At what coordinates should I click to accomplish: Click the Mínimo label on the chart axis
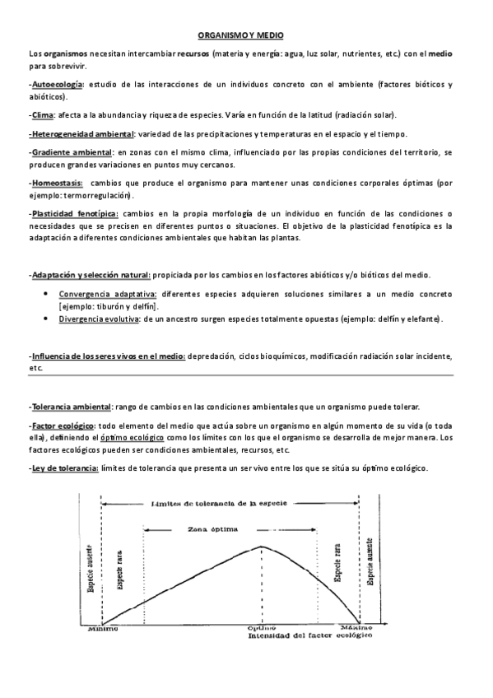tap(103, 629)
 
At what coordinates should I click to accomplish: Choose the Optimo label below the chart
tap(262, 629)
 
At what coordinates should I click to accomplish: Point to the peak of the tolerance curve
tap(262, 547)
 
